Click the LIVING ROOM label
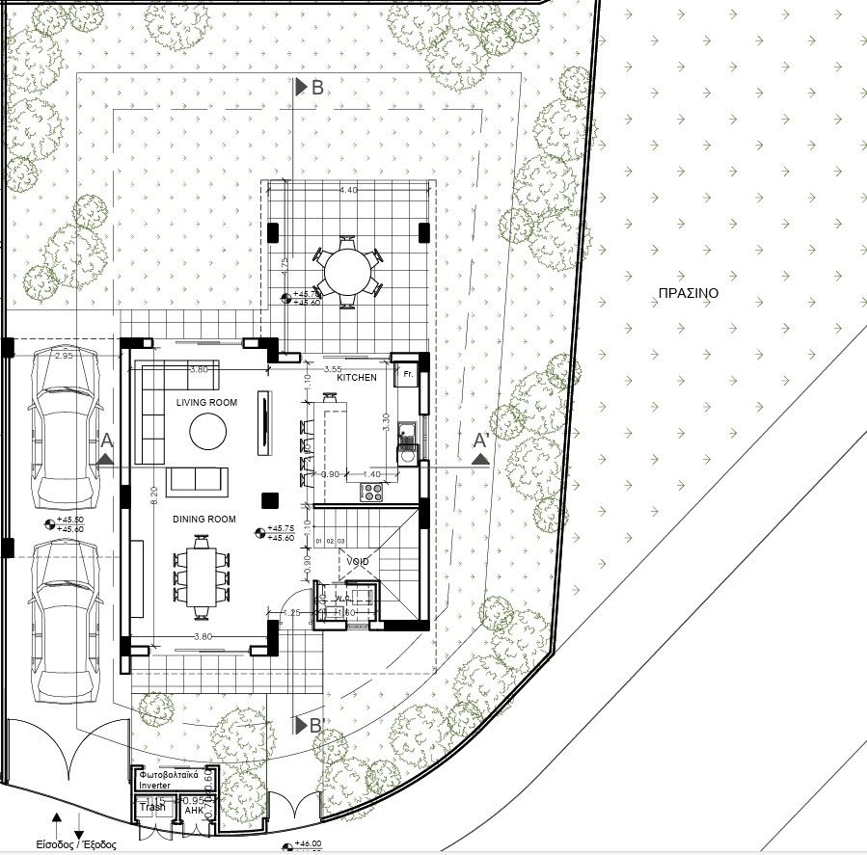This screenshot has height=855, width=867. [x=206, y=402]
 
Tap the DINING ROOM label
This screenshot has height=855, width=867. [x=204, y=520]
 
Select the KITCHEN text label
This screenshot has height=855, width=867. [x=357, y=378]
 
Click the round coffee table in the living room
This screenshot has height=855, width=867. [x=208, y=431]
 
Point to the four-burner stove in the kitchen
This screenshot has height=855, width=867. [x=372, y=492]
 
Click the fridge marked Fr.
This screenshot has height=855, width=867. [x=407, y=373]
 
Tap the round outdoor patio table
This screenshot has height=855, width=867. [x=347, y=273]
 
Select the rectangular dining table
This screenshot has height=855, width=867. [x=203, y=577]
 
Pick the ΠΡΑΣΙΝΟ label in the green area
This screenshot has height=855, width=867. [x=688, y=294]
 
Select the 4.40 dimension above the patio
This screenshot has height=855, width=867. [x=348, y=191]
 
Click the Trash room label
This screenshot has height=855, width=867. [x=152, y=808]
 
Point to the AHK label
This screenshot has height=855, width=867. [x=193, y=812]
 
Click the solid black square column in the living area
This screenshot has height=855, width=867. [x=269, y=498]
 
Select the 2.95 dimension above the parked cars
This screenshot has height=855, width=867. [x=64, y=357]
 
